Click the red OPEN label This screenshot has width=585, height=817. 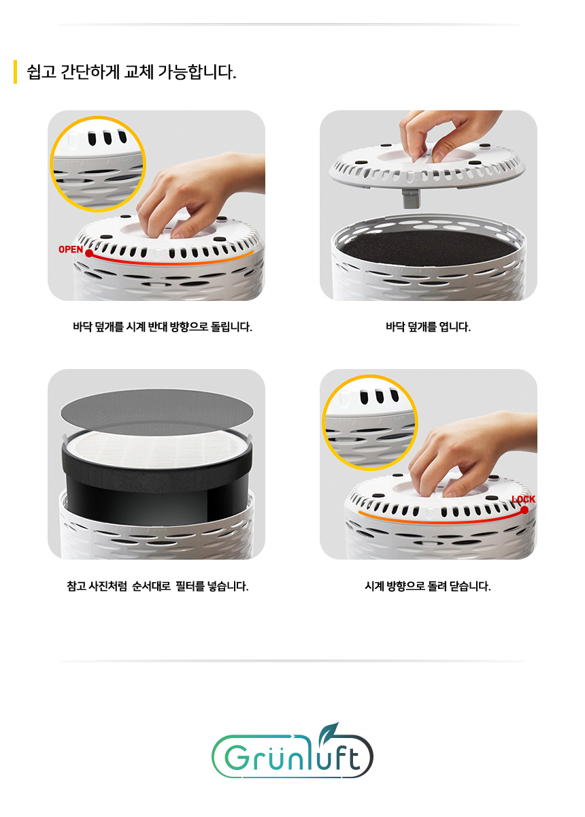(70, 249)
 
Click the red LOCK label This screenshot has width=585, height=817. (523, 499)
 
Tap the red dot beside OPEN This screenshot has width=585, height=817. (89, 253)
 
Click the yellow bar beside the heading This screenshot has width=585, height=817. (15, 72)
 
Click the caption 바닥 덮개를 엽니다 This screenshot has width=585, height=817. (428, 327)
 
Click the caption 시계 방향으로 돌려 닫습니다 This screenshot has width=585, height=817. (428, 586)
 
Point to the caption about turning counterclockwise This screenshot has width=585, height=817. (163, 327)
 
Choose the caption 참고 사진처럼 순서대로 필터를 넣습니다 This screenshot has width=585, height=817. (157, 586)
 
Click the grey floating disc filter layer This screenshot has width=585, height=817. (157, 408)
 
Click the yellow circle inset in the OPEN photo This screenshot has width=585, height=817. (99, 163)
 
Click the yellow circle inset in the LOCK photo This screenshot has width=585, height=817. (369, 422)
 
